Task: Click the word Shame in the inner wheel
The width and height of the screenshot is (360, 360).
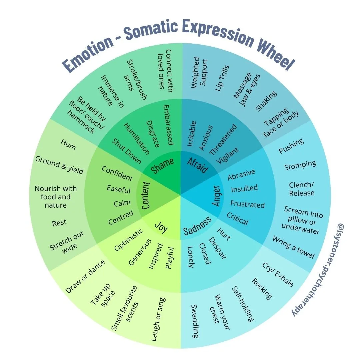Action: (x=163, y=165)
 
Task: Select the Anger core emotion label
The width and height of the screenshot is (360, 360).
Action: (x=216, y=196)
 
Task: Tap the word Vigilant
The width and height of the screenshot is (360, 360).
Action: (x=228, y=156)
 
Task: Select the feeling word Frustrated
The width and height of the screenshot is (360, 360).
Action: (x=247, y=204)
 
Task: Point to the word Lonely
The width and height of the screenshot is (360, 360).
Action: (x=190, y=257)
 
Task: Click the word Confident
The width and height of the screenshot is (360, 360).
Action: (x=117, y=173)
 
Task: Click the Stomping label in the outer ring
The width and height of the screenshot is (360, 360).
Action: (x=300, y=165)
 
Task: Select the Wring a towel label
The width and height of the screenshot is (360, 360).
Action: (x=293, y=247)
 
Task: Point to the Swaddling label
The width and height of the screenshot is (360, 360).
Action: (x=195, y=321)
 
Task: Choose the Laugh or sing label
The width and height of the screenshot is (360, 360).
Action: (x=158, y=319)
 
